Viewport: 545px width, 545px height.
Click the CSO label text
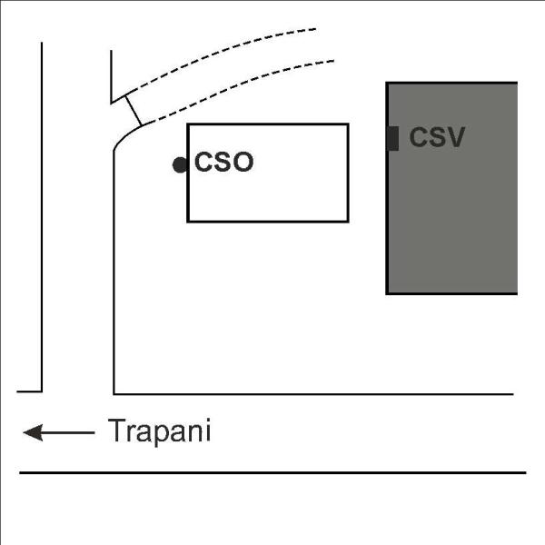point(223,162)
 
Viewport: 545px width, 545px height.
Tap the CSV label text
point(437,137)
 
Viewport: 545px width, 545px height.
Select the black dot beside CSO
point(180,164)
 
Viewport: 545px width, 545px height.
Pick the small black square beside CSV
point(393,139)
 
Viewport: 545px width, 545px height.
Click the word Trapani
point(160,431)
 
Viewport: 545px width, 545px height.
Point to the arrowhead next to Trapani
point(33,432)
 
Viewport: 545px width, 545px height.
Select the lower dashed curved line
point(240,87)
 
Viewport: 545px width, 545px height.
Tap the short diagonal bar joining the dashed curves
point(134,110)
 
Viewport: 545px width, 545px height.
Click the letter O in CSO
point(243,162)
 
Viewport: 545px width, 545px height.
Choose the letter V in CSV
point(455,137)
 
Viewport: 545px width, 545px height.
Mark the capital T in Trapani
point(116,430)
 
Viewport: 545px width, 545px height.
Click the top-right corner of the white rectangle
point(348,124)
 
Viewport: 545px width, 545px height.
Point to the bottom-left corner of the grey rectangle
point(387,293)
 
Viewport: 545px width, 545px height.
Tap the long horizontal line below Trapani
point(272,472)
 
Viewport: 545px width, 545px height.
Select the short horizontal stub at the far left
point(30,391)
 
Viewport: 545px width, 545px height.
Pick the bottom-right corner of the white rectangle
point(348,221)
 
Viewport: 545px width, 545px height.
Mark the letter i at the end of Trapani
point(209,430)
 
